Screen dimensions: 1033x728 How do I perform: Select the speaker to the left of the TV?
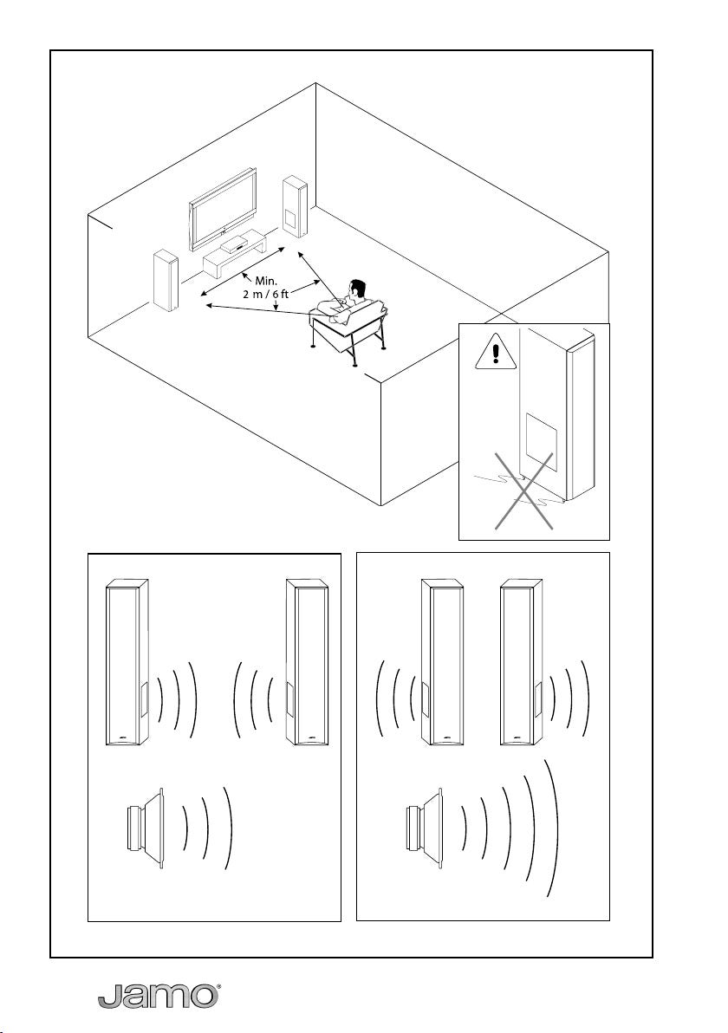coord(165,279)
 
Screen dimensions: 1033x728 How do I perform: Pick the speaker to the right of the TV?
coord(294,206)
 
